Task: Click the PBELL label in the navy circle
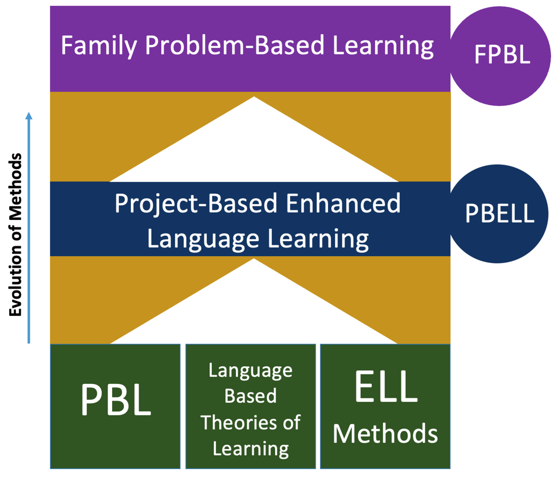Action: coord(500,213)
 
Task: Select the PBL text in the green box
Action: coord(116,399)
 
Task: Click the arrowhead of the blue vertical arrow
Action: coord(29,116)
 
